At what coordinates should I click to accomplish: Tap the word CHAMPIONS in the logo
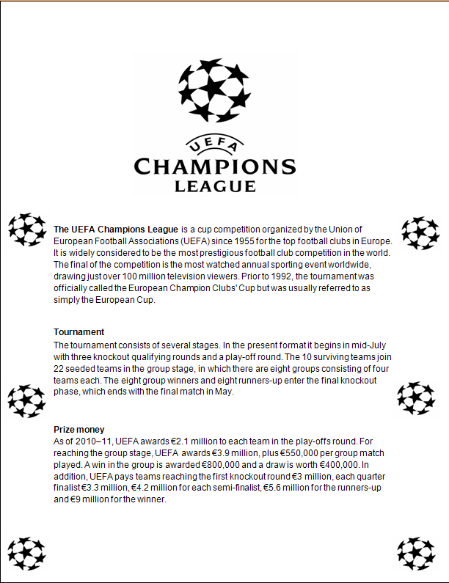pos(214,166)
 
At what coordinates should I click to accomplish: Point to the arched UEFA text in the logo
pos(214,144)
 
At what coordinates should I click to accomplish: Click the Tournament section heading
pos(79,331)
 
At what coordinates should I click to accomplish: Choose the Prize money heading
pos(79,429)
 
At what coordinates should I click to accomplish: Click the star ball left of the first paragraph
pos(27,229)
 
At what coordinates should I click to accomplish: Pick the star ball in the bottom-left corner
pos(27,553)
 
